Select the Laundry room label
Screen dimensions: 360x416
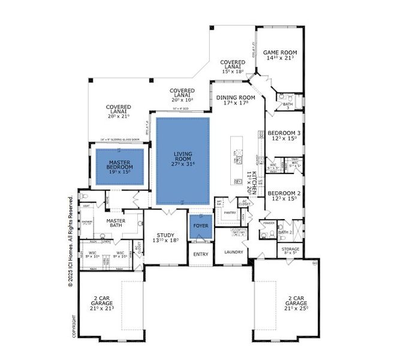[234, 252]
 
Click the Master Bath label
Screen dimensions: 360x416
[115, 224]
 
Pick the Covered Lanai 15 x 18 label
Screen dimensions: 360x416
[233, 66]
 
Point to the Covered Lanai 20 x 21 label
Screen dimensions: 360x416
[119, 112]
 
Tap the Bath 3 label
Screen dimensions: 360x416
[287, 106]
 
